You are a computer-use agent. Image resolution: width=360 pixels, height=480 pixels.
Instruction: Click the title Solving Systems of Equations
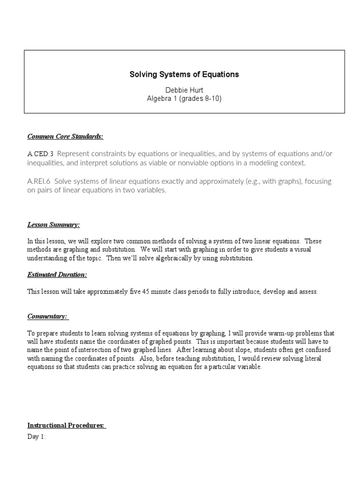tap(184, 75)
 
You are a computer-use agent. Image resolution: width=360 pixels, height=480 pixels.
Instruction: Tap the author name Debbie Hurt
tap(184, 90)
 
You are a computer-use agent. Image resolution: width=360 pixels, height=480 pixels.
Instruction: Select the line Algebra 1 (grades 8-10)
tap(184, 98)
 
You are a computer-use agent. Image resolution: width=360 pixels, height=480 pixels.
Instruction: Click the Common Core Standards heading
tap(65, 136)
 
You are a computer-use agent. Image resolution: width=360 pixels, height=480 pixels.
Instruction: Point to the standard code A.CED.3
tap(41, 154)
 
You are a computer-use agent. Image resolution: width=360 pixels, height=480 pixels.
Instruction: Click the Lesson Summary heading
tap(53, 225)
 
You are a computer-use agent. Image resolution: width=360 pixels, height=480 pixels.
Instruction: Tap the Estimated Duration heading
tap(57, 274)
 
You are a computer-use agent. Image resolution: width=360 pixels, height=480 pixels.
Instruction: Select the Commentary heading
tap(48, 316)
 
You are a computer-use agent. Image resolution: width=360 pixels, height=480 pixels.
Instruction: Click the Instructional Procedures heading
tap(66, 425)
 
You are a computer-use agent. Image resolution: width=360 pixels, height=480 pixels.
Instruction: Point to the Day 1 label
tap(37, 437)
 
